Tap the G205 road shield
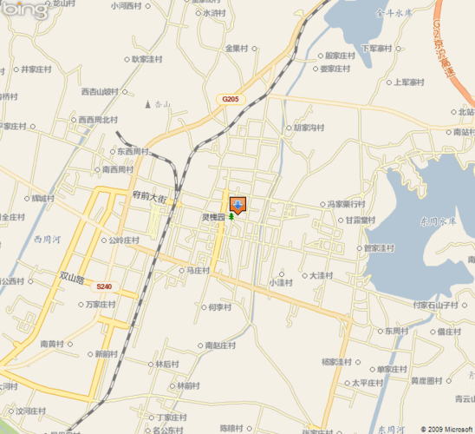pyautogui.click(x=230, y=100)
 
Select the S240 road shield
pyautogui.click(x=104, y=286)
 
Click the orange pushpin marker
pyautogui.click(x=238, y=205)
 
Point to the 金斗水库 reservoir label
pyautogui.click(x=392, y=13)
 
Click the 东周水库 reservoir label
pyautogui.click(x=438, y=222)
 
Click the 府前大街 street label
pyautogui.click(x=149, y=198)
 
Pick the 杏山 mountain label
pyautogui.click(x=163, y=105)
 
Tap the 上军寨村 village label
pyautogui.click(x=407, y=82)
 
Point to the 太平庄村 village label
pyautogui.click(x=366, y=382)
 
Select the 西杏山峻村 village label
pyautogui.click(x=99, y=91)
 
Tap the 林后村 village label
pyautogui.click(x=167, y=365)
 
